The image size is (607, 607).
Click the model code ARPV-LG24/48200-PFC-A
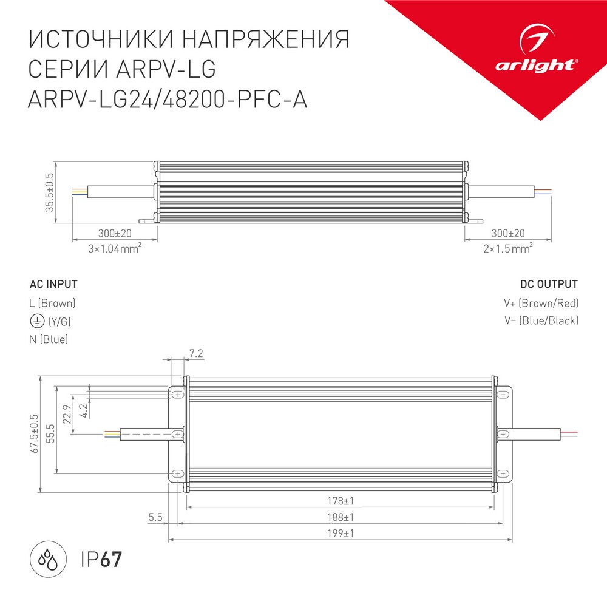click(x=168, y=99)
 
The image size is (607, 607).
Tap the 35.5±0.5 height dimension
click(x=50, y=192)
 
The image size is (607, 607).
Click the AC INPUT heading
click(x=53, y=284)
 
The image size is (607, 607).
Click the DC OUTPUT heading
click(x=549, y=284)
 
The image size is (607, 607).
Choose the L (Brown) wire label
click(x=52, y=303)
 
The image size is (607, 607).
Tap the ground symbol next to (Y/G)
click(x=36, y=320)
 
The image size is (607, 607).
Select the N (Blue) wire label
click(x=49, y=339)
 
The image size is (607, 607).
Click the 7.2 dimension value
click(x=195, y=353)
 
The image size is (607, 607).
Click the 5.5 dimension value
click(x=155, y=518)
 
